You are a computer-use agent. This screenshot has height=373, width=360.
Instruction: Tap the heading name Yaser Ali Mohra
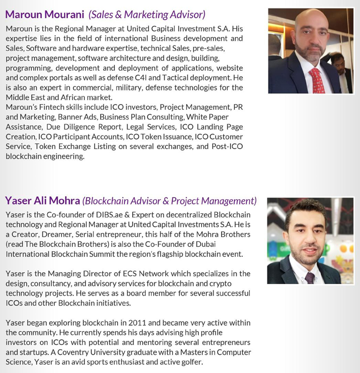42,201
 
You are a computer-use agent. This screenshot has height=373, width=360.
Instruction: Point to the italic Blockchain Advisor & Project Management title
169,201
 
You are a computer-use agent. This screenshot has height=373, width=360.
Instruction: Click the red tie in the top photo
316,80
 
